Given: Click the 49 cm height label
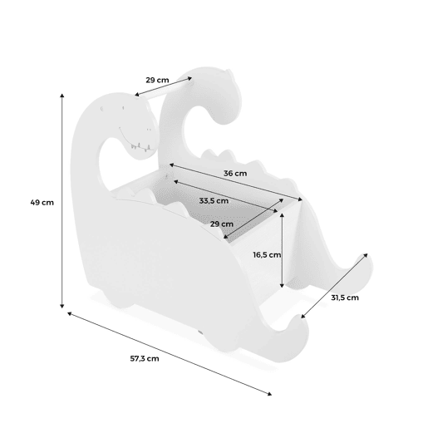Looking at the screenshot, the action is point(42,203).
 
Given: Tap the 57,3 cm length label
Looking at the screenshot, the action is point(145,358).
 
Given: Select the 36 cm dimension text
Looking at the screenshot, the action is point(235,174).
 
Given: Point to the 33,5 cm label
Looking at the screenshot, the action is point(214,200).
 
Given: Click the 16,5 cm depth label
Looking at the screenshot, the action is point(267,254).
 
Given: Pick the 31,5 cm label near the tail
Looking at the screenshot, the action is point(345,298).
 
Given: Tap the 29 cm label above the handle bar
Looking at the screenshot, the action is point(157,80).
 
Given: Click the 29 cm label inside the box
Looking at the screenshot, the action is point(222,224).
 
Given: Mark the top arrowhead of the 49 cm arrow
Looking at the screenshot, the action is point(62,96).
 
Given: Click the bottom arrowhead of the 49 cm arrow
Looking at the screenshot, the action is point(62,307).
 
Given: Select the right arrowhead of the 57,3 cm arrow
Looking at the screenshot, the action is point(270,394).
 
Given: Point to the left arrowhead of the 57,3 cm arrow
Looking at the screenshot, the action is point(70,313).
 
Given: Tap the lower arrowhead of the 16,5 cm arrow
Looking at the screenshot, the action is point(282,285).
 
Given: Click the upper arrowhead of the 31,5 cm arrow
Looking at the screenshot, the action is point(366,255).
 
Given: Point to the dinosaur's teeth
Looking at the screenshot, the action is point(142,147).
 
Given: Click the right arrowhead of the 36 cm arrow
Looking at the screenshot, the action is point(300,199).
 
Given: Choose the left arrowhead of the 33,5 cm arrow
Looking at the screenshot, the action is point(176,181).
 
